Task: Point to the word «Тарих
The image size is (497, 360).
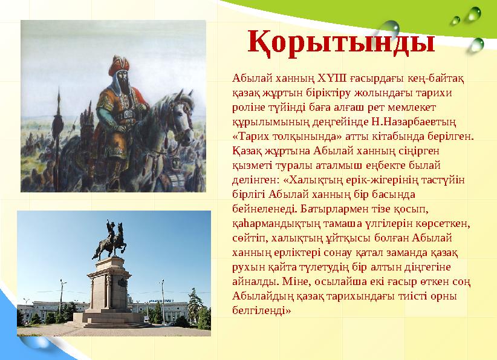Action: (x=249, y=137)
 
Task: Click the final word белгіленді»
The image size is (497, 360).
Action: (x=261, y=311)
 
